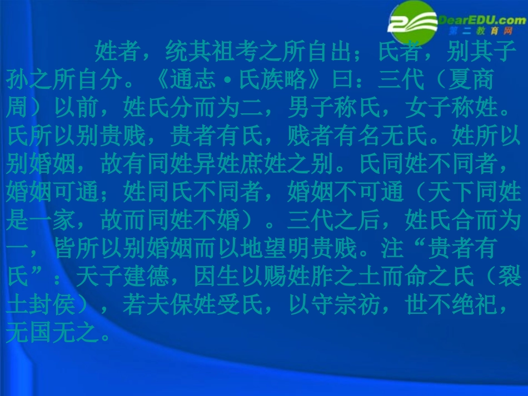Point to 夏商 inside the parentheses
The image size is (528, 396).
[x=473, y=81]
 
